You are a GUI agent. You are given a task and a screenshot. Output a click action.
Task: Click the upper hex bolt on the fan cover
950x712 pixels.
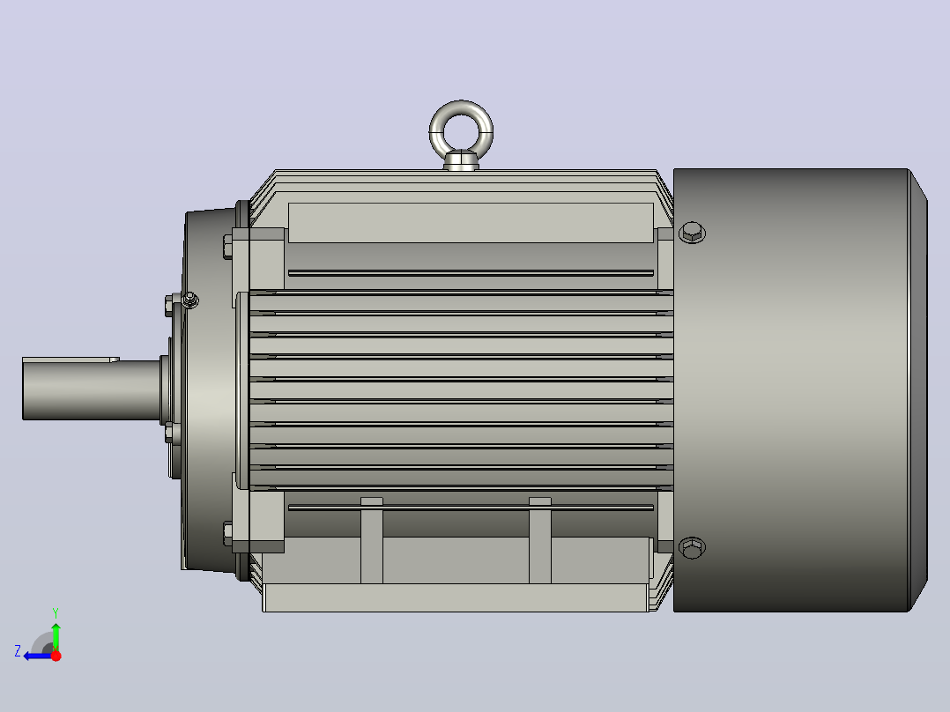[x=692, y=232]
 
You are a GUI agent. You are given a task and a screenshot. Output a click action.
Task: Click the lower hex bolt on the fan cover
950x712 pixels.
[x=692, y=548]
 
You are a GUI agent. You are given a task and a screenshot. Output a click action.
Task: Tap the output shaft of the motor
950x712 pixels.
[x=91, y=389]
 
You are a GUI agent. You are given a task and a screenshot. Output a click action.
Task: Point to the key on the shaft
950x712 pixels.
[x=71, y=360]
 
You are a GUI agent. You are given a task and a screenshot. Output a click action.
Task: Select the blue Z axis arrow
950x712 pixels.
[x=38, y=656]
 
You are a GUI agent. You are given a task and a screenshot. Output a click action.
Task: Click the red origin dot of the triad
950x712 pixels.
[x=56, y=656]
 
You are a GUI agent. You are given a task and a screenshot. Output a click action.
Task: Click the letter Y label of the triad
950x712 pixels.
[x=56, y=612]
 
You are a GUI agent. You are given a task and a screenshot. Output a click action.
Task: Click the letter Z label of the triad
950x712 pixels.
[x=18, y=651]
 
